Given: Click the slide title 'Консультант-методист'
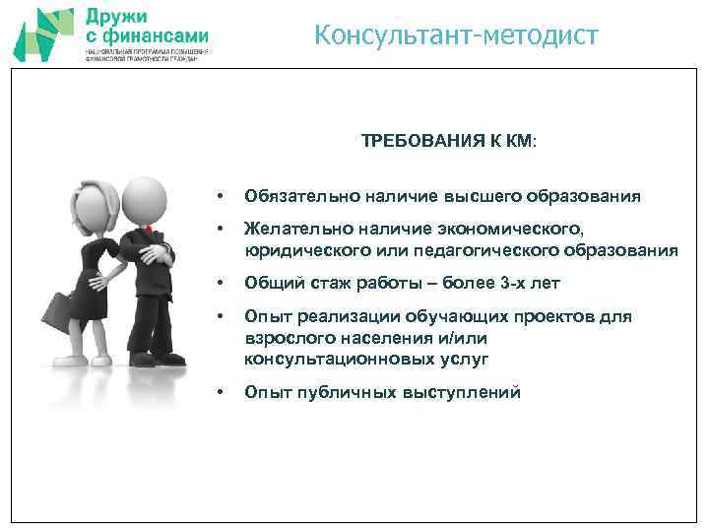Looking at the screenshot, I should tap(456, 36).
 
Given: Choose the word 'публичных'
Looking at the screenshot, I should tap(344, 393).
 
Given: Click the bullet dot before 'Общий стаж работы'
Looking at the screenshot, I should tap(223, 284).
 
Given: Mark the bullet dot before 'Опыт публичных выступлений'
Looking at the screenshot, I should tap(223, 393).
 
